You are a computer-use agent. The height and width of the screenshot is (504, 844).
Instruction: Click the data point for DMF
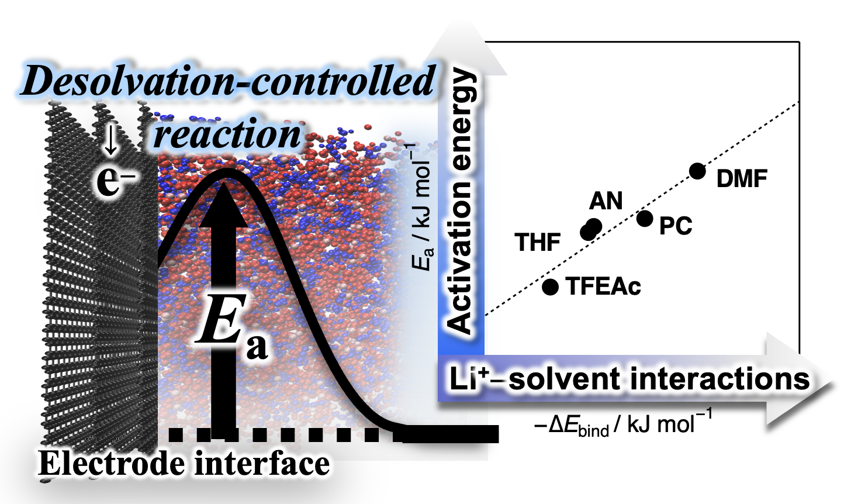tap(697, 171)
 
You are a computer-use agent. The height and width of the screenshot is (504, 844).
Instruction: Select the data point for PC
tap(645, 219)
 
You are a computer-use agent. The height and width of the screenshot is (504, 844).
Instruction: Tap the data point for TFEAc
tap(551, 286)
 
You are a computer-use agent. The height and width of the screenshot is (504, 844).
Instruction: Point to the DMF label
tap(741, 179)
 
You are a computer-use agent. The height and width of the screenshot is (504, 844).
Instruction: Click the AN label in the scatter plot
tap(606, 201)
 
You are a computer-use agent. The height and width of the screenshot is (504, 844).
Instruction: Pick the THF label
tap(538, 242)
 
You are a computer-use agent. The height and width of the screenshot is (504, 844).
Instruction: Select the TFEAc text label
tap(603, 286)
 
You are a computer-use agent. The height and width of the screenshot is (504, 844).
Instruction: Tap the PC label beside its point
tap(676, 226)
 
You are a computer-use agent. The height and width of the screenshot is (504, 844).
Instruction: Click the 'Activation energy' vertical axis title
tap(461, 202)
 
